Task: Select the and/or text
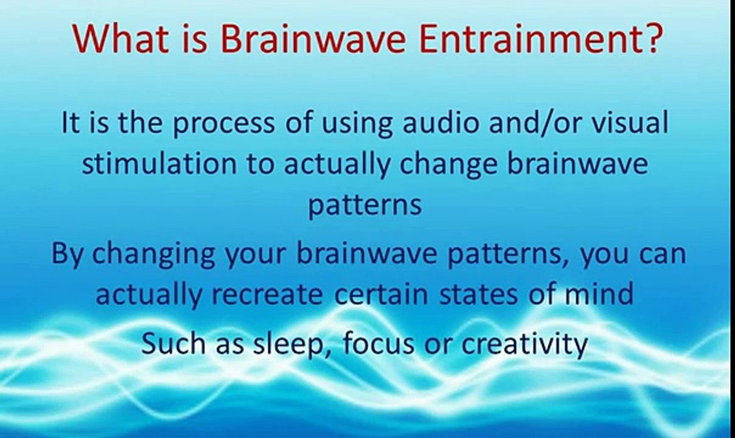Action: click(541, 123)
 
